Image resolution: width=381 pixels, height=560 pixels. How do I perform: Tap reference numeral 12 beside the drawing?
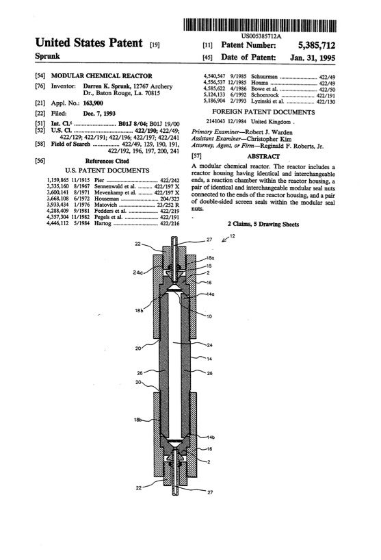point(233,255)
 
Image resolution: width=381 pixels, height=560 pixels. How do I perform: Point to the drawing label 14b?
point(211,437)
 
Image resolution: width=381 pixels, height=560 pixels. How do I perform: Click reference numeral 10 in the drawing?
point(209,316)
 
